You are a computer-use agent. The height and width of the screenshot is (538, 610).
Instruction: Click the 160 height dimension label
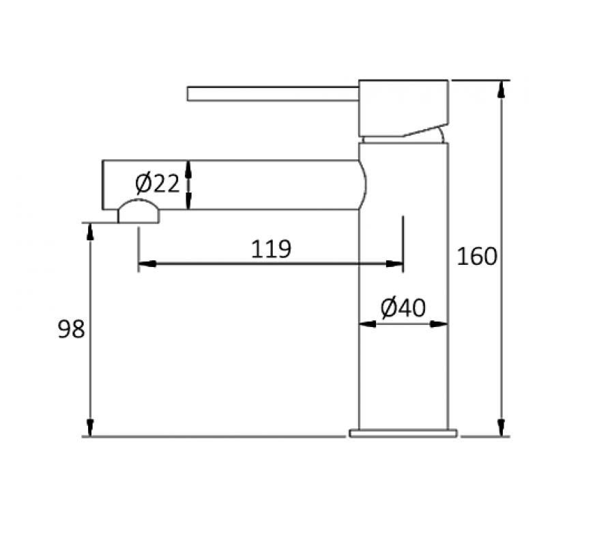477,256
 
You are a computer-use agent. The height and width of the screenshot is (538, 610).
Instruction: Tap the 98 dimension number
71,329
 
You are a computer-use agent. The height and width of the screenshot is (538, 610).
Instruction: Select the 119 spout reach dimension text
271,249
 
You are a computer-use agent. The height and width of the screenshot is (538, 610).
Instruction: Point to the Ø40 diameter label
403,307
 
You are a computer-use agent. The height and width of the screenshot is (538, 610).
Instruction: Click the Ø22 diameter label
158,184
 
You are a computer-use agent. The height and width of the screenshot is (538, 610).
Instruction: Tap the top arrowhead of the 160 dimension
502,88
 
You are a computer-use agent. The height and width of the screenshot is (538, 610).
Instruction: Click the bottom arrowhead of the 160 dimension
502,428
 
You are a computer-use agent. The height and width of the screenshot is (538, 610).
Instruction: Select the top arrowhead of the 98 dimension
90,231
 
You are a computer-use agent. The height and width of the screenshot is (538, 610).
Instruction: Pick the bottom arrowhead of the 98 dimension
90,428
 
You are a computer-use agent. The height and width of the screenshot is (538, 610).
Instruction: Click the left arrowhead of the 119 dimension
147,264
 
